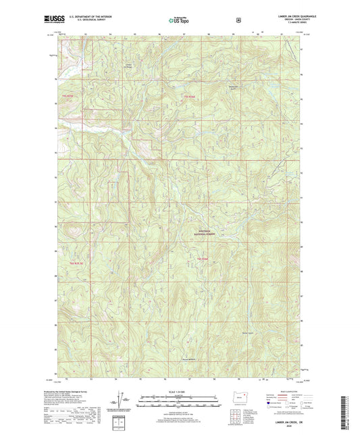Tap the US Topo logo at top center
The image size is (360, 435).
(x=179, y=21)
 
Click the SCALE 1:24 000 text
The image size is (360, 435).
(x=179, y=390)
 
